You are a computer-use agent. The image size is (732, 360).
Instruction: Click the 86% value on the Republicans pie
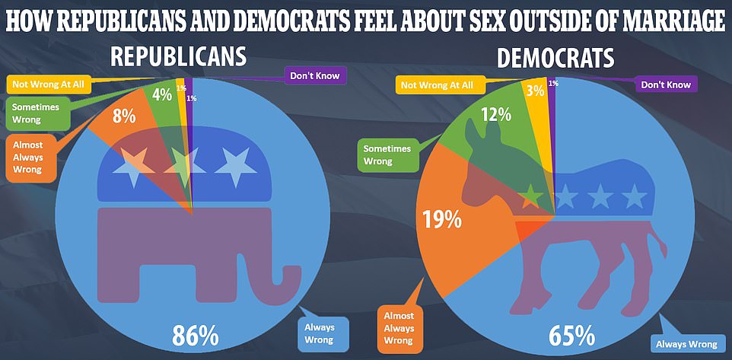point(196,335)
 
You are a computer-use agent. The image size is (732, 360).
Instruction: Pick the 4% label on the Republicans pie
point(161,95)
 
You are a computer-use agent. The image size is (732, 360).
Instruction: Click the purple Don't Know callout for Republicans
point(315,75)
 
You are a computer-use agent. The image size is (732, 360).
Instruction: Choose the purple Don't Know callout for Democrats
point(665,84)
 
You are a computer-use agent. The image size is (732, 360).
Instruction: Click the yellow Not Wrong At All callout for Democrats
point(437,85)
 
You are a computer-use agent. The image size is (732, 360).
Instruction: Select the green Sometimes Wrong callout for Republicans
point(35,113)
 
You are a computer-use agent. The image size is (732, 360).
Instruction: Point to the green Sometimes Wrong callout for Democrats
point(387,155)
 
